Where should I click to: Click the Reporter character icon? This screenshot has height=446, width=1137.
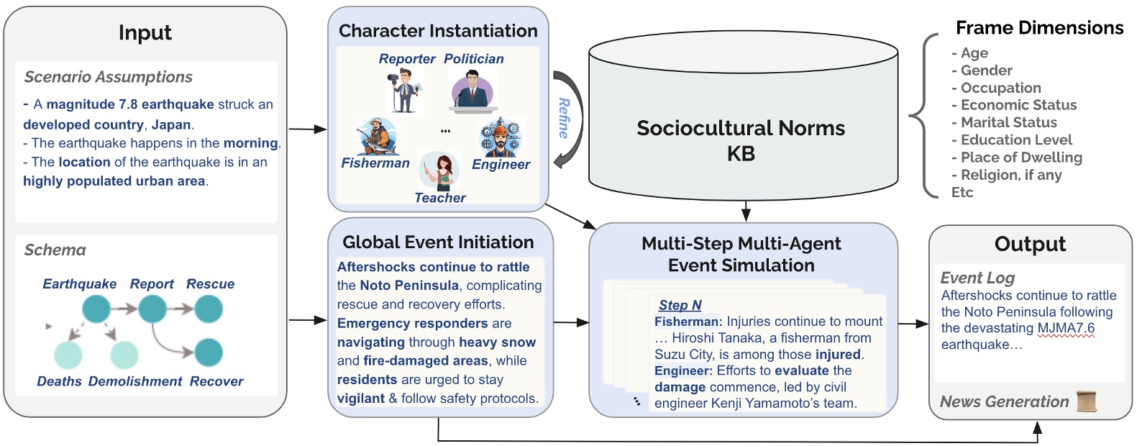click(404, 91)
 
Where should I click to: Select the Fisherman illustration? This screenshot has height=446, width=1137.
click(376, 137)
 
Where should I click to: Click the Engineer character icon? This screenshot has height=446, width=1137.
click(501, 137)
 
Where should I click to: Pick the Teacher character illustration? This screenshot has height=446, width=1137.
click(439, 171)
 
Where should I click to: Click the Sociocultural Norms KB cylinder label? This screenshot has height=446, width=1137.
click(741, 140)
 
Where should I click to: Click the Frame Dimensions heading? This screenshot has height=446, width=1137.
click(1039, 28)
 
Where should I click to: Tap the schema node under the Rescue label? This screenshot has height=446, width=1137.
click(209, 309)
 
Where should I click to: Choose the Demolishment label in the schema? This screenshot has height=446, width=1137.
click(135, 381)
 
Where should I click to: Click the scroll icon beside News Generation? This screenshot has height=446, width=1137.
click(1087, 401)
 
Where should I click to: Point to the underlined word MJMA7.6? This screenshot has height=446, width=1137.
click(1066, 328)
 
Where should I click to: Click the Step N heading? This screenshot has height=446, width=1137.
click(680, 305)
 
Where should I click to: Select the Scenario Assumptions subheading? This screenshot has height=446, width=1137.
click(108, 77)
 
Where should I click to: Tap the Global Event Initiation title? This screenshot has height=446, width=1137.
click(438, 242)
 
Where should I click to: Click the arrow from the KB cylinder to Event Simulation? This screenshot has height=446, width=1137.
click(746, 211)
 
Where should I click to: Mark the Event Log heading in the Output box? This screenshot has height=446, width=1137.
click(977, 278)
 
